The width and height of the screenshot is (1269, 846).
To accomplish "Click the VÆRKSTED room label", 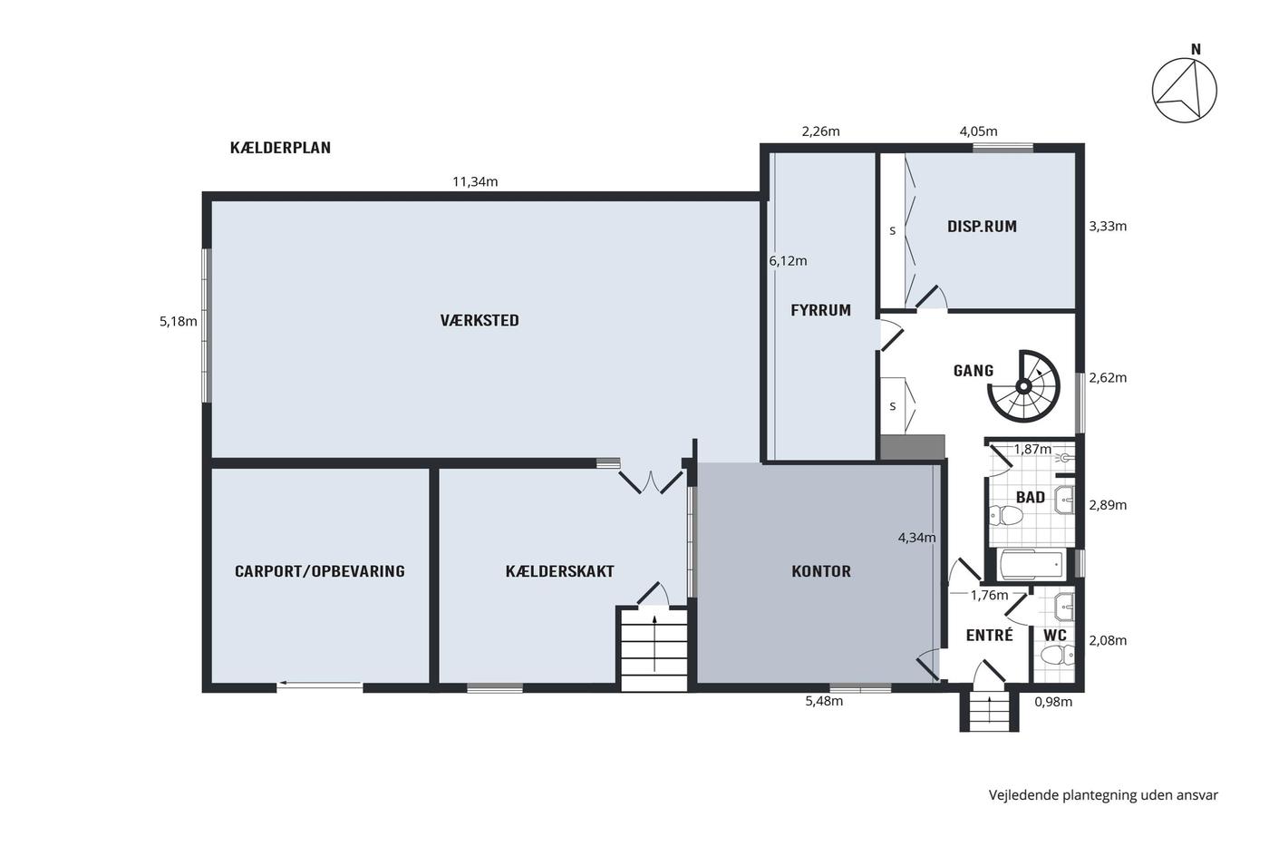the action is pyautogui.click(x=480, y=321).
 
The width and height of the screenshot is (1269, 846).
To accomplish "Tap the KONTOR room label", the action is pyautogui.click(x=821, y=571).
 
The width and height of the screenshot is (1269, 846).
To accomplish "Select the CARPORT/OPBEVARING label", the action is pyautogui.click(x=319, y=571).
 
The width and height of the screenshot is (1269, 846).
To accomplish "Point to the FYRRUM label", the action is pyautogui.click(x=820, y=310).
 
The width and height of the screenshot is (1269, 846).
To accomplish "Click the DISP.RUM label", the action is pyautogui.click(x=982, y=227).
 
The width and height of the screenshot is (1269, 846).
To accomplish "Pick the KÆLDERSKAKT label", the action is pyautogui.click(x=560, y=571).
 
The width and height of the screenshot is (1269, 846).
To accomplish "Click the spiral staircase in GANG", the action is pyautogui.click(x=1023, y=386).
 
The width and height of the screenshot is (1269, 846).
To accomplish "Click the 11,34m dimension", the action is pyautogui.click(x=475, y=182).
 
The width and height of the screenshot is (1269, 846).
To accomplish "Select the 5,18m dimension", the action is pyautogui.click(x=178, y=322).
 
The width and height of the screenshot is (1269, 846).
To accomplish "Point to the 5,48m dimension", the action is pyautogui.click(x=824, y=702).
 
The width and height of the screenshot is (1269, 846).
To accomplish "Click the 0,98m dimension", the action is pyautogui.click(x=1053, y=702).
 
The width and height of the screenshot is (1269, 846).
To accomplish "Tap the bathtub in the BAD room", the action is pyautogui.click(x=1032, y=564).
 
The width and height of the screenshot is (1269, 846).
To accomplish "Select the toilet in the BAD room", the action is pyautogui.click(x=1006, y=516).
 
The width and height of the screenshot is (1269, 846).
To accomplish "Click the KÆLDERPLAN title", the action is pyautogui.click(x=280, y=148).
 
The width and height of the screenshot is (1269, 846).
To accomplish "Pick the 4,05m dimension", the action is pyautogui.click(x=978, y=131).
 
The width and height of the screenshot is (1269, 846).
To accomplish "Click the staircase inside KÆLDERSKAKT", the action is pyautogui.click(x=654, y=649).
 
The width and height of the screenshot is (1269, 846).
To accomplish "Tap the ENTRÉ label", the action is pyautogui.click(x=989, y=636).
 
